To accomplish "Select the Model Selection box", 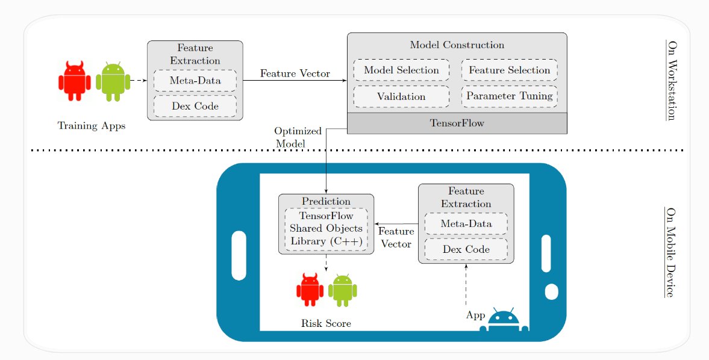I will pyautogui.click(x=401, y=70).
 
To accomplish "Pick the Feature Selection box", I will pyautogui.click(x=509, y=70).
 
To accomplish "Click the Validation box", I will pyautogui.click(x=401, y=96).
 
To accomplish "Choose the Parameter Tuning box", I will pyautogui.click(x=509, y=96).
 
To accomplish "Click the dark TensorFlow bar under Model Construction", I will pyautogui.click(x=457, y=123).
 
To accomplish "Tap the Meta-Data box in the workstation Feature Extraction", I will pyautogui.click(x=195, y=80).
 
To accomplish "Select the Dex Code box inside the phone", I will pyautogui.click(x=466, y=249).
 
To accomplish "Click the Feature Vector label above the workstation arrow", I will pyautogui.click(x=295, y=73).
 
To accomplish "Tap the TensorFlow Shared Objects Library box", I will pyautogui.click(x=326, y=228).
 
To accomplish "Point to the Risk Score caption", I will pyautogui.click(x=326, y=324).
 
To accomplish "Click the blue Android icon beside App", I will pyautogui.click(x=504, y=320).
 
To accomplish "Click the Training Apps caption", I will pyautogui.click(x=92, y=126).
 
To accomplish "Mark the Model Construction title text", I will pyautogui.click(x=457, y=45).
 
